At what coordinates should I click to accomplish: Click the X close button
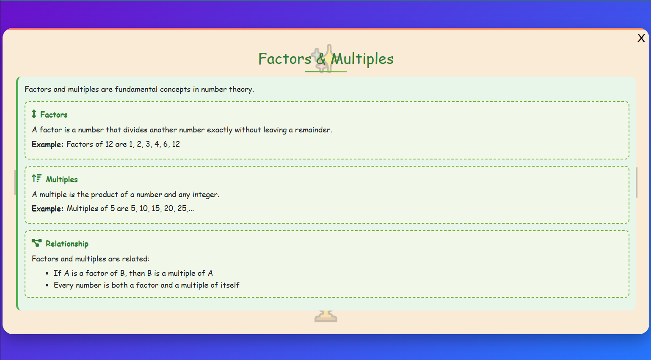pyautogui.click(x=641, y=38)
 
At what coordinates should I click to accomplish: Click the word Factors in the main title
pyautogui.click(x=284, y=59)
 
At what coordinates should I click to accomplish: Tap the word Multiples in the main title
pyautogui.click(x=362, y=59)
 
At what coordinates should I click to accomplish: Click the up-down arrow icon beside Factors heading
pyautogui.click(x=34, y=114)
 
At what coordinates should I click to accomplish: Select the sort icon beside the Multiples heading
pyautogui.click(x=37, y=179)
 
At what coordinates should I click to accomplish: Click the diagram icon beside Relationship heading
pyautogui.click(x=37, y=243)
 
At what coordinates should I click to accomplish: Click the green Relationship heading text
pyautogui.click(x=67, y=244)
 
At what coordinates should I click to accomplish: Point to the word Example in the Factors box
pyautogui.click(x=47, y=144)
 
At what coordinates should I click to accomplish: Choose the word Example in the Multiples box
pyautogui.click(x=47, y=209)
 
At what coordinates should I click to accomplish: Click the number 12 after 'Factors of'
pyautogui.click(x=109, y=144)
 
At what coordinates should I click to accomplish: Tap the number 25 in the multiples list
pyautogui.click(x=182, y=209)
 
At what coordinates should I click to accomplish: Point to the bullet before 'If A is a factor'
pyautogui.click(x=47, y=274)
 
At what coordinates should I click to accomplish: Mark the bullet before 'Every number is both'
pyautogui.click(x=47, y=286)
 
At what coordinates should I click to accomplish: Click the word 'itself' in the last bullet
pyautogui.click(x=230, y=285)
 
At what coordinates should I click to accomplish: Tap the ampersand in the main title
pyautogui.click(x=321, y=59)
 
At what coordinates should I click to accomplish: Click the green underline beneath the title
pyautogui.click(x=325, y=71)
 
